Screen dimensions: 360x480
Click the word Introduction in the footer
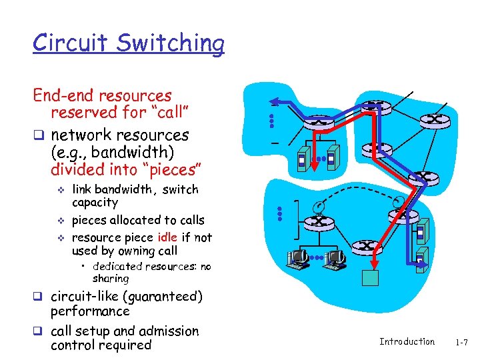pos(407,341)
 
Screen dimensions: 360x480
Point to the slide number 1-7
pos(461,342)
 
